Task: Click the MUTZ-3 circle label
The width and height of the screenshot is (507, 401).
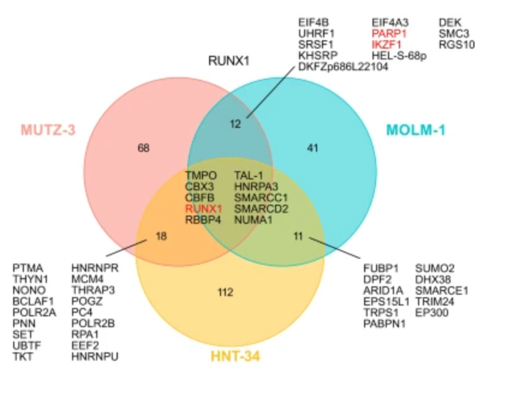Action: [x=48, y=130]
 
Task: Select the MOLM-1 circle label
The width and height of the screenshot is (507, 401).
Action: [x=416, y=130]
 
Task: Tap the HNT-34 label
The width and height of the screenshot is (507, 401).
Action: [x=235, y=357]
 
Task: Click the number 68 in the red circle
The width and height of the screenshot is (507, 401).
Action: [x=144, y=148]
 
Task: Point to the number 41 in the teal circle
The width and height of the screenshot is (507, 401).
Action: [x=312, y=148]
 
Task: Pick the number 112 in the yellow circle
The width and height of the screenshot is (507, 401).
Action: [x=225, y=292]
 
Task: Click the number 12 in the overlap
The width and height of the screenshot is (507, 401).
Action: [x=235, y=124]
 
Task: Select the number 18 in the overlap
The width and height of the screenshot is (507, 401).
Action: [x=161, y=236]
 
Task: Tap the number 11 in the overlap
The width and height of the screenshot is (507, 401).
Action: [x=299, y=236]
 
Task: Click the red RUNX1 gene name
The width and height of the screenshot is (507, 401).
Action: [x=204, y=209]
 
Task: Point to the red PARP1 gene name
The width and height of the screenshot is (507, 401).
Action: [x=389, y=34]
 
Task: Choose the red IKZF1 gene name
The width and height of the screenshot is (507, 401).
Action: [x=386, y=44]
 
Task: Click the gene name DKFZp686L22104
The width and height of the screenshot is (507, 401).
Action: [x=343, y=67]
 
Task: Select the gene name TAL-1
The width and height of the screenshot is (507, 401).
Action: [x=249, y=175]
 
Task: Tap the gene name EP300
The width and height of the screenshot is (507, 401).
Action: [x=431, y=313]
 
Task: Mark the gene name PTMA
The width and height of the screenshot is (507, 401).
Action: [x=28, y=268]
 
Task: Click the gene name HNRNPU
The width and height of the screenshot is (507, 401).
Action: [x=95, y=357]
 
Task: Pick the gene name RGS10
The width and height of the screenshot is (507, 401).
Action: [x=457, y=44]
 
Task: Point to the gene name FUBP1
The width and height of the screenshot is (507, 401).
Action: [x=381, y=268]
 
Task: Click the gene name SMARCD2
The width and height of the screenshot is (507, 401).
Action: [x=261, y=209]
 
